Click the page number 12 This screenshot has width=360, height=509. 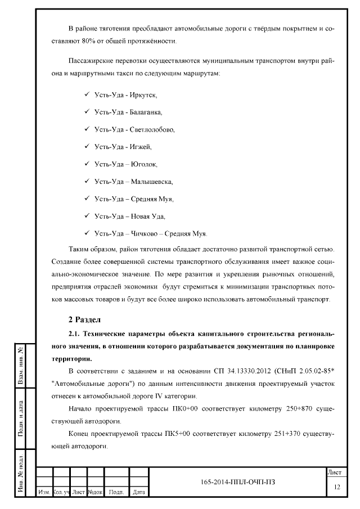(x=336, y=486)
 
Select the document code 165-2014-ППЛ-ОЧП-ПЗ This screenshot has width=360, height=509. (x=237, y=483)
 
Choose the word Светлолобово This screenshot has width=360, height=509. (x=152, y=129)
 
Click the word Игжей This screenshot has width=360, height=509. (x=141, y=147)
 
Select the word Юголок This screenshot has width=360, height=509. (x=144, y=164)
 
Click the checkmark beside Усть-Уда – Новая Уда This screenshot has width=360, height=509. (x=87, y=215)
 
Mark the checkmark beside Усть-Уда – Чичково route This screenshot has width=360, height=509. (x=87, y=233)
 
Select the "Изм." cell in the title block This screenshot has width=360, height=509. (x=43, y=492)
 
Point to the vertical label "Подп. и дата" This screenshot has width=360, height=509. (x=20, y=418)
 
